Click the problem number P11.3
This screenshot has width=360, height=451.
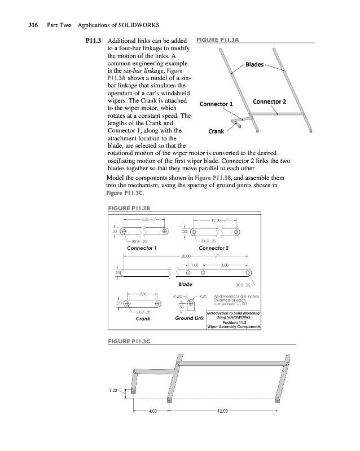(92, 41)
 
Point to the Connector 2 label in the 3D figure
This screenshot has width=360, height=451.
(270, 101)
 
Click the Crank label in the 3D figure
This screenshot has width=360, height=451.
(217, 131)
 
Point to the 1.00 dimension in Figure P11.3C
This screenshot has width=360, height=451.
(115, 389)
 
